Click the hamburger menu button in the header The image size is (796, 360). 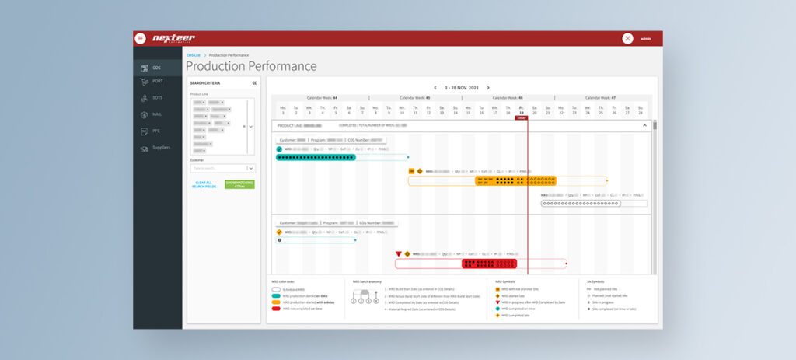141,38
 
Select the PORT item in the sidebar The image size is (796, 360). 157,81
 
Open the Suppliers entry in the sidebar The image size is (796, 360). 160,147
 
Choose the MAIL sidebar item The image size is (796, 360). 156,114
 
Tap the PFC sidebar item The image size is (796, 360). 155,131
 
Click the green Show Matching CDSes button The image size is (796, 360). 239,184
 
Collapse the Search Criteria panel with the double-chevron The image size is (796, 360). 253,82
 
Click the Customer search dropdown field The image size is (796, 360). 222,167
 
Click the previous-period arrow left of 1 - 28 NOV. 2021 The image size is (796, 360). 435,88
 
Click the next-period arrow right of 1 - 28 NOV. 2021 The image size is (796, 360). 488,88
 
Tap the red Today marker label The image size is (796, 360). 521,117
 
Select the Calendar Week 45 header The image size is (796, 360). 416,98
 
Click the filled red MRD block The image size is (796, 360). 490,264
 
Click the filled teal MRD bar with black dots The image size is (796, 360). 316,157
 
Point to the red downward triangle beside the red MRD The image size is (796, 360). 399,253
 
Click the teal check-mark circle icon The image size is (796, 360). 279,149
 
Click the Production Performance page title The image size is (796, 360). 250,66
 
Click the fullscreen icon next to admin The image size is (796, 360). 627,38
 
